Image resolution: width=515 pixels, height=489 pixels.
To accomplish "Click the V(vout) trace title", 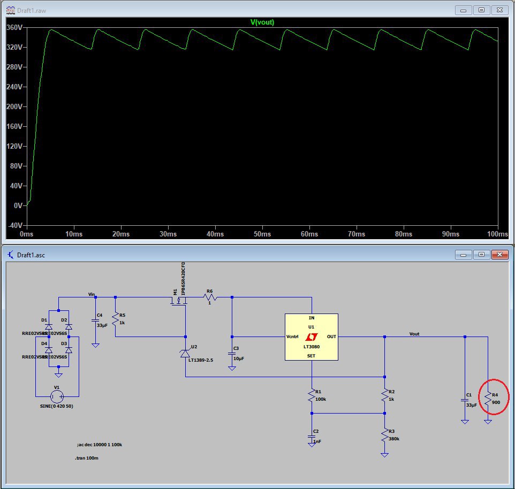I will [x=262, y=22].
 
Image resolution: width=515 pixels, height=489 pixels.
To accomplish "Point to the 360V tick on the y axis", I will [x=14, y=27].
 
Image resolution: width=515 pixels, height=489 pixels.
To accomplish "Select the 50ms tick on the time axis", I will [x=262, y=234].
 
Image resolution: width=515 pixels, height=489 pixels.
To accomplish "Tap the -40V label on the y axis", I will [x=14, y=225].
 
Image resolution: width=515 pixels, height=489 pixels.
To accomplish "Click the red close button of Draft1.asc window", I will [x=499, y=254].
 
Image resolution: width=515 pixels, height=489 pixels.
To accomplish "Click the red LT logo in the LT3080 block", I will [x=311, y=337].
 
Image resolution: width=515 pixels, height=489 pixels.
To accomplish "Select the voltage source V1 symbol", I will [x=57, y=396].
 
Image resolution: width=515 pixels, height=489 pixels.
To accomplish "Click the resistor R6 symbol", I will [x=209, y=296].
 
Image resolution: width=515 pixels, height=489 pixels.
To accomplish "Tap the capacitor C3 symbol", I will [x=232, y=353].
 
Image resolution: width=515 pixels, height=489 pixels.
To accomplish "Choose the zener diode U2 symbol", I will [x=185, y=353].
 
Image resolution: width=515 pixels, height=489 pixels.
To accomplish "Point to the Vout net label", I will [x=414, y=333].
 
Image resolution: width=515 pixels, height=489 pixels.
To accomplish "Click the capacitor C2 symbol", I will [x=311, y=439].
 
